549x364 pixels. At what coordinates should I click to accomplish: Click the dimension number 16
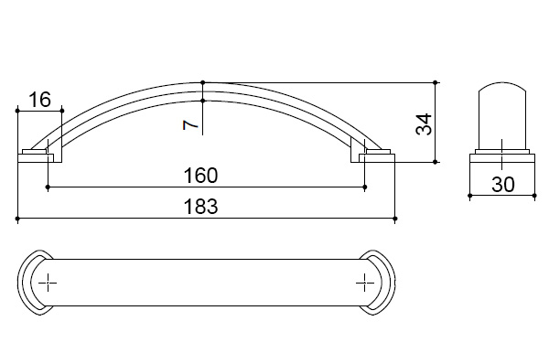pos(39,100)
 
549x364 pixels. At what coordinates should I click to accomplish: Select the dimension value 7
pos(191,124)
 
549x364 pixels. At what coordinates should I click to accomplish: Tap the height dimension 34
pos(424,124)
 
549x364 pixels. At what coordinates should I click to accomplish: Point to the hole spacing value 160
pos(200,176)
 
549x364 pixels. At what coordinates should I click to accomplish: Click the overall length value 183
pos(200,206)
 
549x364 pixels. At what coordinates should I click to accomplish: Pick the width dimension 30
pos(502,185)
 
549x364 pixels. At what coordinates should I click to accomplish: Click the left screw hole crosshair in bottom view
pos(48,283)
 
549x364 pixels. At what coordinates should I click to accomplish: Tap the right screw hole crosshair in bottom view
pos(365,283)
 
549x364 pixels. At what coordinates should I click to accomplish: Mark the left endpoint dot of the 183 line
pos(17,219)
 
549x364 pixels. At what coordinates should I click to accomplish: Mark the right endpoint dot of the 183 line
pos(395,219)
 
